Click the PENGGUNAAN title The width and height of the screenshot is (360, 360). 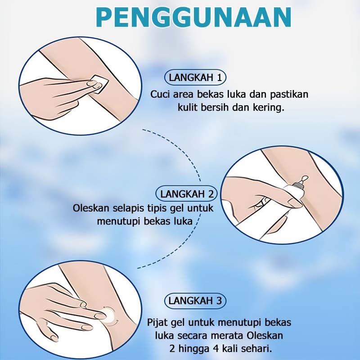pyautogui.click(x=193, y=18)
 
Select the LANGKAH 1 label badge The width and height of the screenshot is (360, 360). pyautogui.click(x=195, y=77)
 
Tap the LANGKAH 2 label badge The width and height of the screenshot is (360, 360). pyautogui.click(x=187, y=194)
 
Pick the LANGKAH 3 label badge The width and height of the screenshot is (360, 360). pyautogui.click(x=195, y=301)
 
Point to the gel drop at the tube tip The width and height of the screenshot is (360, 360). pyautogui.click(x=305, y=178)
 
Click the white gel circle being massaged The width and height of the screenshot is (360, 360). pyautogui.click(x=109, y=314)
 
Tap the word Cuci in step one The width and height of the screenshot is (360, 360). pyautogui.click(x=160, y=94)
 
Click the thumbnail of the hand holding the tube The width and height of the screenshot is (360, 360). pyautogui.click(x=282, y=195)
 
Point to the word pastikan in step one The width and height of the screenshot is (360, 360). pyautogui.click(x=289, y=94)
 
